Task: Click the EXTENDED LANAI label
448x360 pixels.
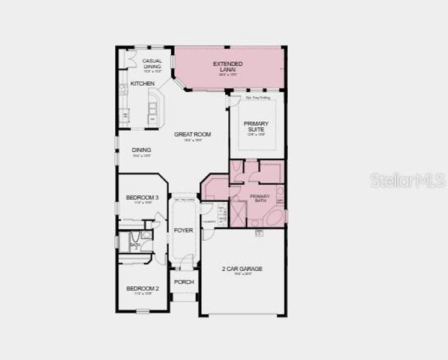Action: [x=228, y=67]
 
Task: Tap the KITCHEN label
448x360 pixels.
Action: [x=142, y=83]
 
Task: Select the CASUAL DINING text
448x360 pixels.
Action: [x=152, y=64]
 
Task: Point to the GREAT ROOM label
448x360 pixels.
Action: [x=192, y=134]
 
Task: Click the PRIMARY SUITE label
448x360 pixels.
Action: [x=256, y=127]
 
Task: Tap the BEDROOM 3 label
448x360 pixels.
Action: [x=142, y=197]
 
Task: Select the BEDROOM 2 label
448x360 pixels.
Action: [x=142, y=289]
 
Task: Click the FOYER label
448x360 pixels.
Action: [x=183, y=230]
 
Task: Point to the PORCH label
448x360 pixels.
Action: [x=183, y=282]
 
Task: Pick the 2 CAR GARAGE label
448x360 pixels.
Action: [x=242, y=269]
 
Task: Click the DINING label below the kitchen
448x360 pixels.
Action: [x=142, y=150]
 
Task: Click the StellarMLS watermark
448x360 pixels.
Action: [x=408, y=180]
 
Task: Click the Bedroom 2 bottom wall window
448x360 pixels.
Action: [x=142, y=311]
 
